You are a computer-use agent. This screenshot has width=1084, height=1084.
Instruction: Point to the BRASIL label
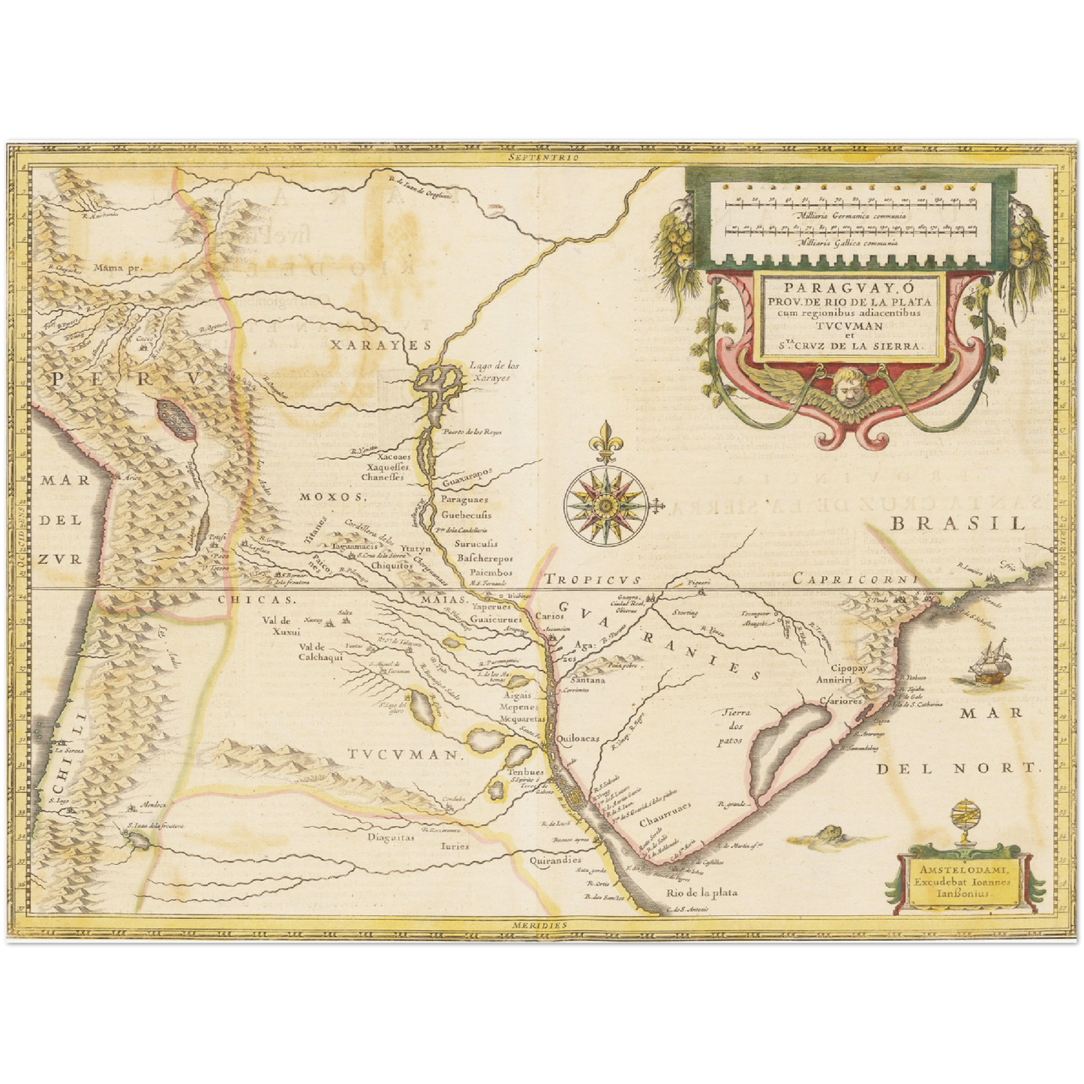(x=957, y=524)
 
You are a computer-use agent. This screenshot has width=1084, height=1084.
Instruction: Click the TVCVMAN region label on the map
(x=402, y=755)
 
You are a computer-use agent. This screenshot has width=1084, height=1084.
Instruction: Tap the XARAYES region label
(x=380, y=344)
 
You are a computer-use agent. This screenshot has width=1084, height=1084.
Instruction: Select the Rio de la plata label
(x=701, y=892)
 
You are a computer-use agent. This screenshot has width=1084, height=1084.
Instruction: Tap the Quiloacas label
(x=578, y=738)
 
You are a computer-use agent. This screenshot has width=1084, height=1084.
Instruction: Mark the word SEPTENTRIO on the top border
(x=543, y=158)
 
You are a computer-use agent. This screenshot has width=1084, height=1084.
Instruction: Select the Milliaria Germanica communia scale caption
(x=851, y=215)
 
